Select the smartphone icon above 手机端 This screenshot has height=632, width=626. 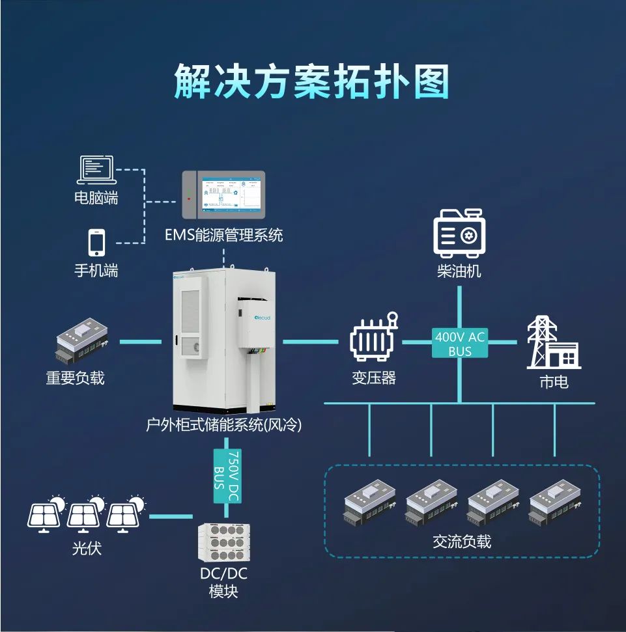pyautogui.click(x=96, y=242)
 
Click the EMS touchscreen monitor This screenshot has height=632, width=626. pyautogui.click(x=223, y=194)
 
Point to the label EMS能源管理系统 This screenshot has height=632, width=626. pyautogui.click(x=224, y=235)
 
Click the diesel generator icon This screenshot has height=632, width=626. pyautogui.click(x=459, y=232)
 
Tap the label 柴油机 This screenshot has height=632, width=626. pyautogui.click(x=459, y=271)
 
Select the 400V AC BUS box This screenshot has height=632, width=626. pyautogui.click(x=459, y=343)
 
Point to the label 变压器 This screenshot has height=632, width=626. pyautogui.click(x=374, y=378)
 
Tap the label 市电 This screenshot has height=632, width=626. pyautogui.click(x=554, y=381)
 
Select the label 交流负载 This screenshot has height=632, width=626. pyautogui.click(x=462, y=541)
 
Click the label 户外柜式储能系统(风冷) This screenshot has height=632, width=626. pyautogui.click(x=223, y=426)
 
